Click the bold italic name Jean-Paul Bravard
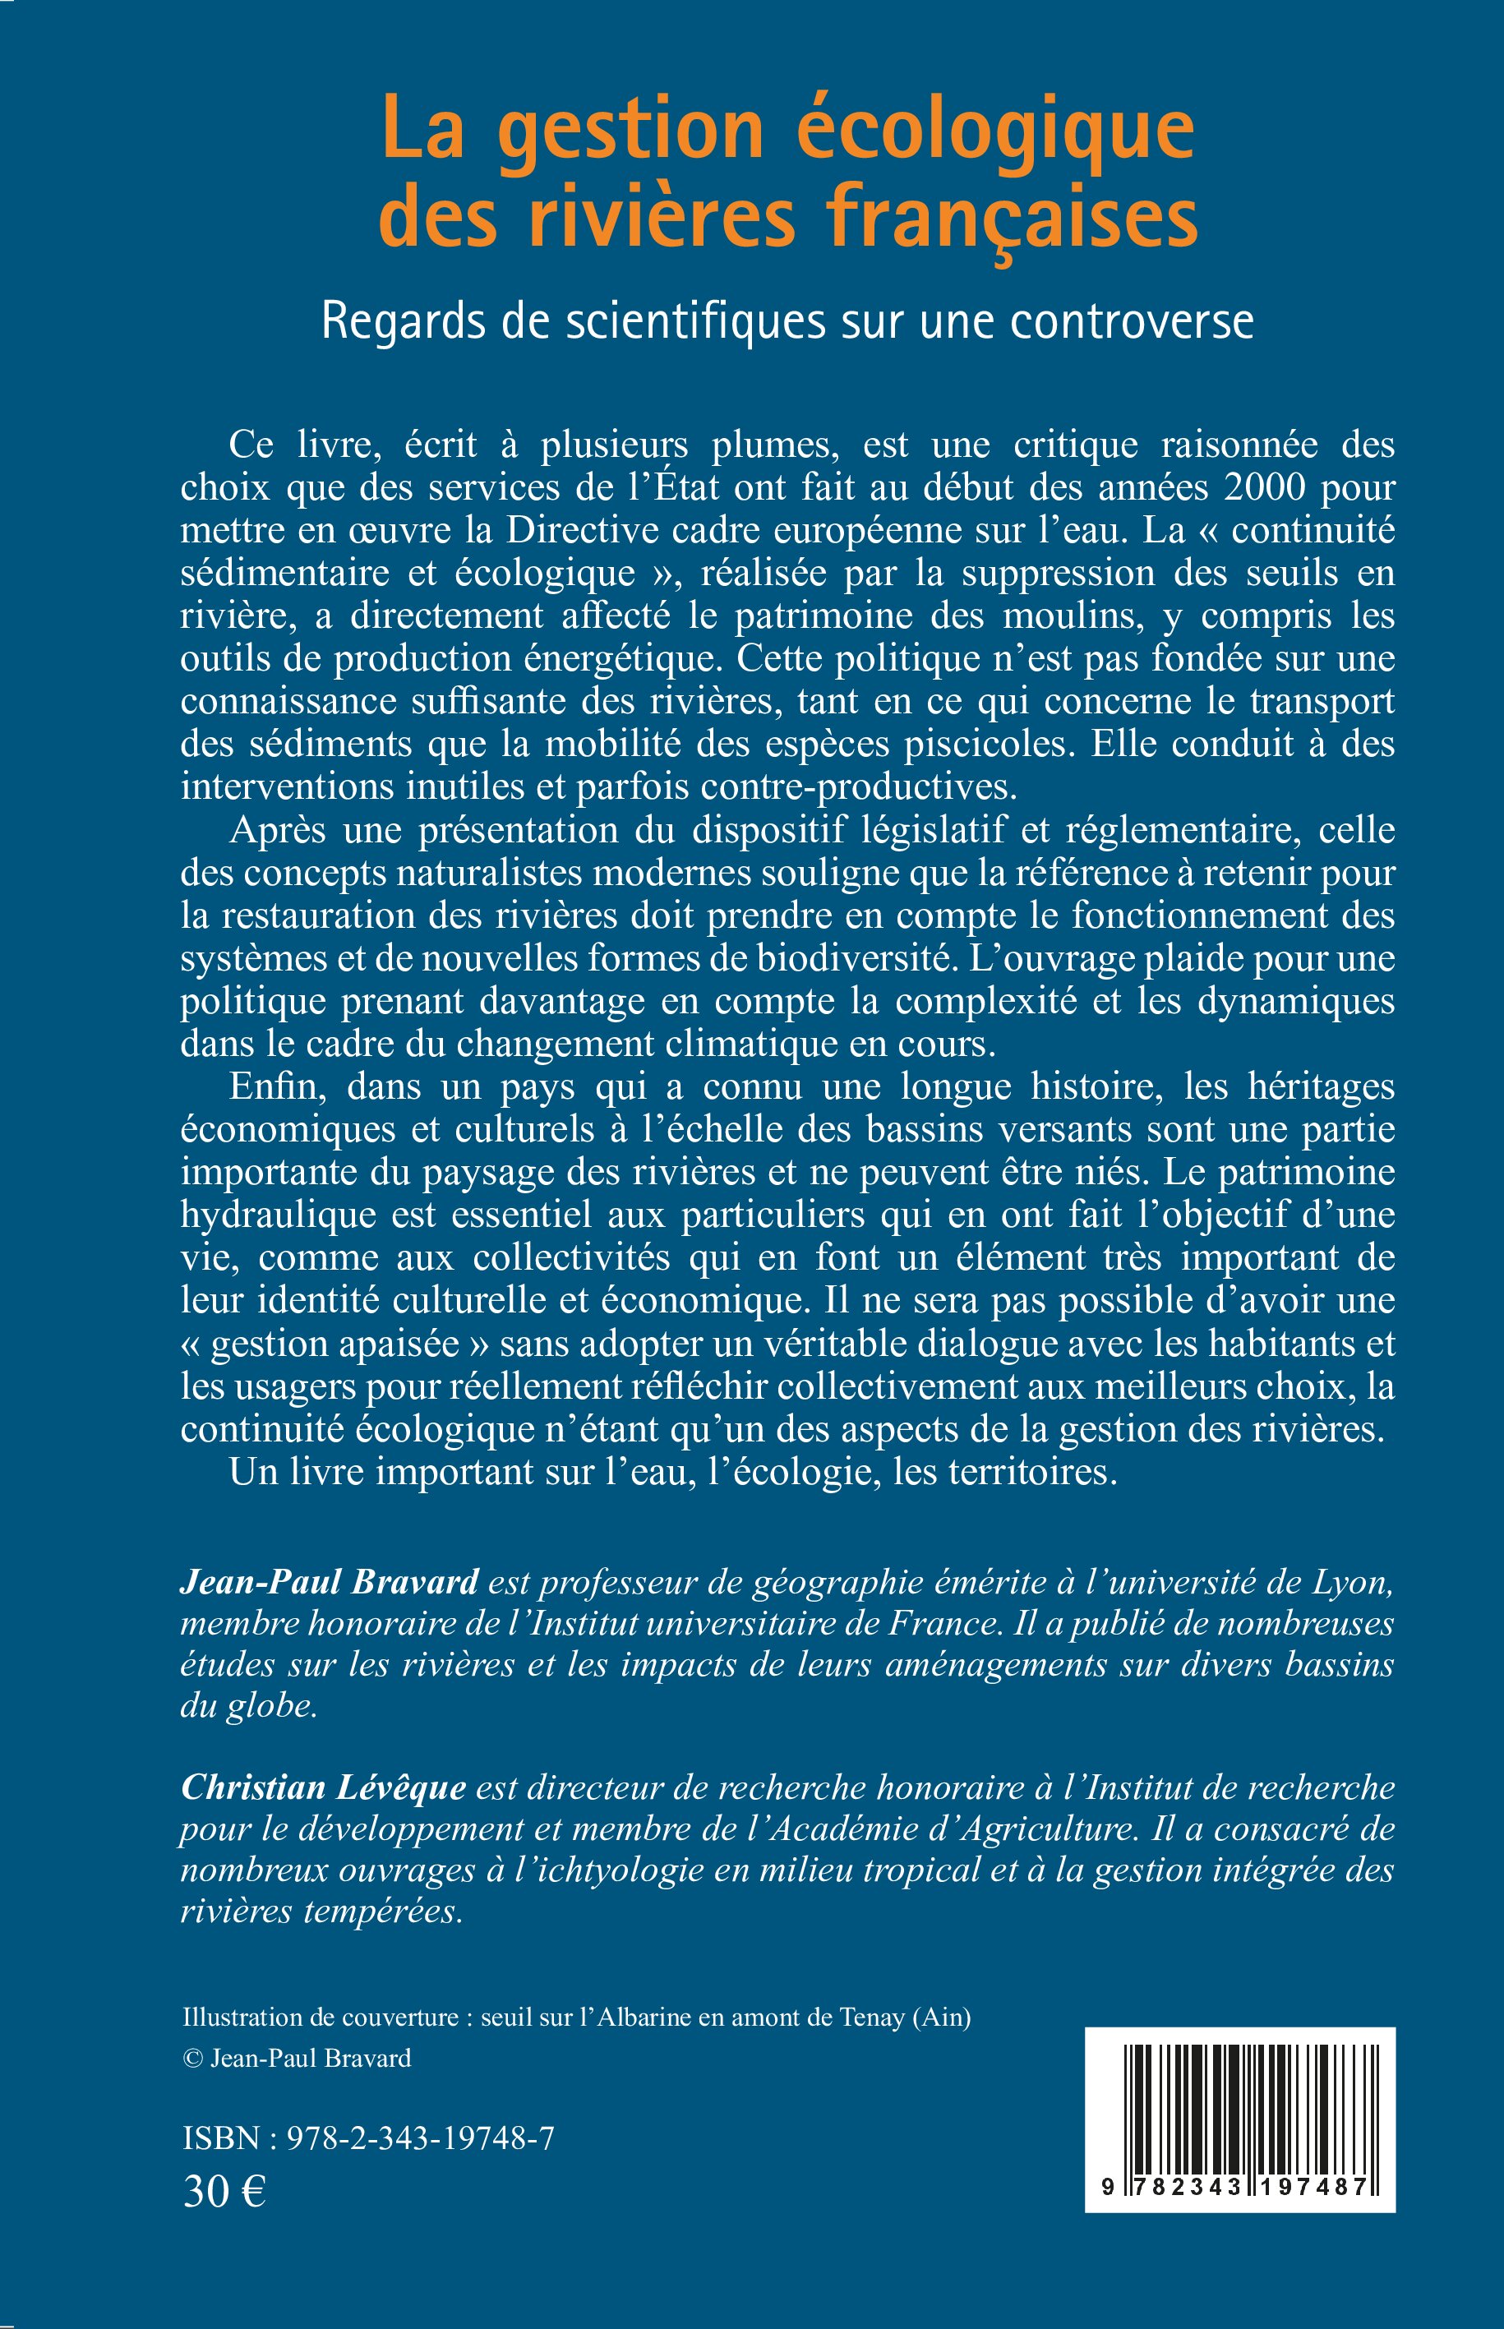pos(329,1581)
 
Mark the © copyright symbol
pos(192,2059)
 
